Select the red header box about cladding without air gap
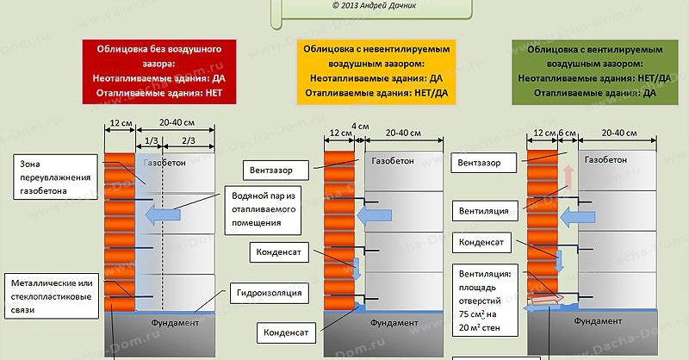[x=153, y=72]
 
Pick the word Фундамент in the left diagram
[x=177, y=322]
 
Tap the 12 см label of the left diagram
[x=119, y=123]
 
